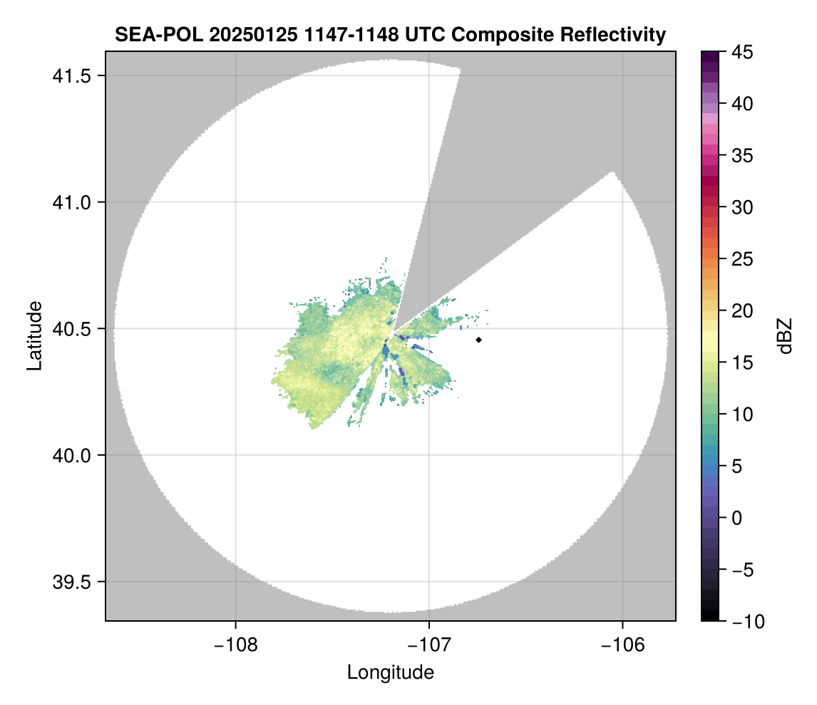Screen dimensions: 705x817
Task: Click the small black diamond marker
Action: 479,340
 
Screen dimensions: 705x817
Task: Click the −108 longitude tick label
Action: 235,644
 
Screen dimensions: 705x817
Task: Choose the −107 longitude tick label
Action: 429,644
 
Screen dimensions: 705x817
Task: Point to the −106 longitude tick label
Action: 623,644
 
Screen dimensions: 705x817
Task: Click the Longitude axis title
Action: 390,672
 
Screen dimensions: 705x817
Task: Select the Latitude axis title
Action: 34,335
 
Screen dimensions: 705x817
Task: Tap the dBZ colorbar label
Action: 785,335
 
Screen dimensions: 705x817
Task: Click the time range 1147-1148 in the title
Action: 336,34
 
